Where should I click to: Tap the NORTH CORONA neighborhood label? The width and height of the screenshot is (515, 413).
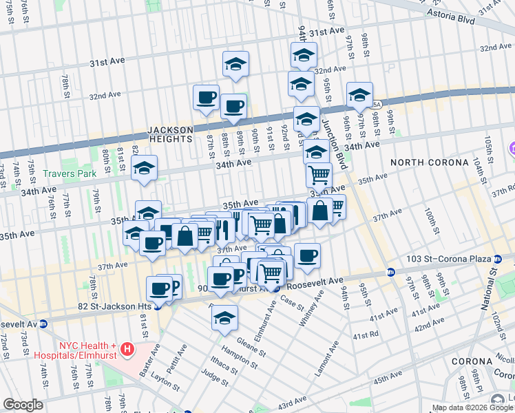425,162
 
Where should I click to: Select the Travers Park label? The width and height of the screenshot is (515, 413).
70,174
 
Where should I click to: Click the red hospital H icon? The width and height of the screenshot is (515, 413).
127,350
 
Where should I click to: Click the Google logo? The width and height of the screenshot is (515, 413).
23,405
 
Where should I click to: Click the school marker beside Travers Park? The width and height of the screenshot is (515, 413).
145,168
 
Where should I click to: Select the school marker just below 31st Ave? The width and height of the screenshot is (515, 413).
235,65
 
